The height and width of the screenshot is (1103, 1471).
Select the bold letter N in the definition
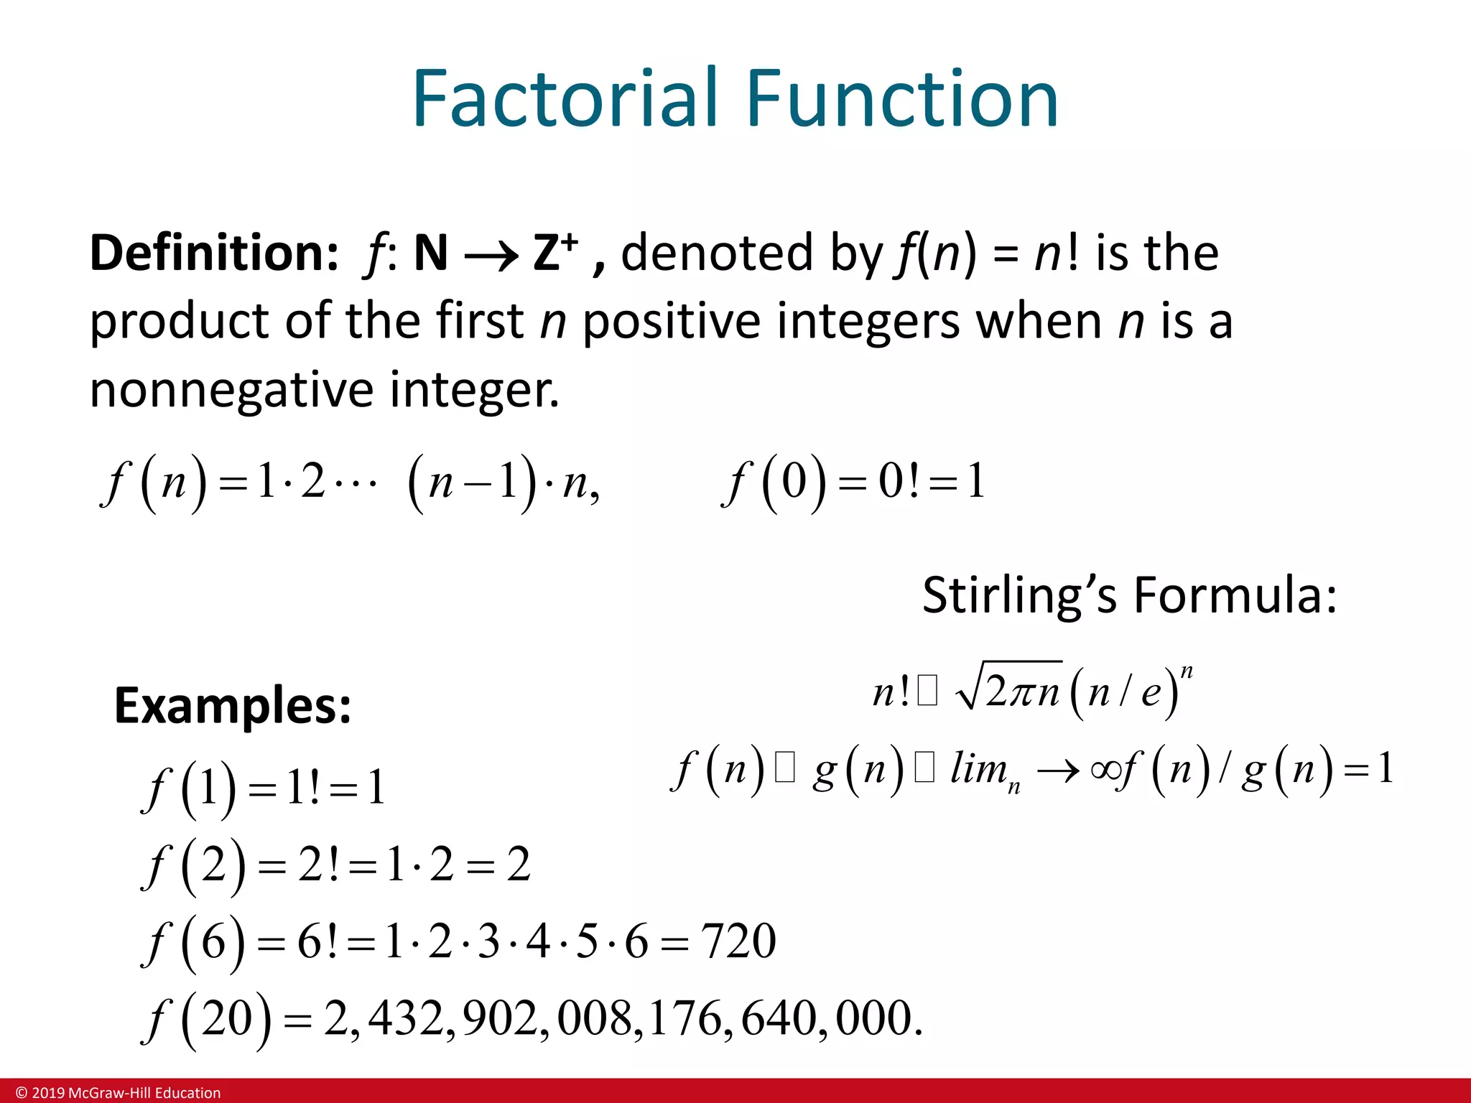coord(431,253)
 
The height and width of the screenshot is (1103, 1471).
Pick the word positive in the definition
coord(671,321)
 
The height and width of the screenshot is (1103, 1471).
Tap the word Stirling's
coord(1019,595)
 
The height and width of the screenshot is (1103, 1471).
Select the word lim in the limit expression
coord(979,768)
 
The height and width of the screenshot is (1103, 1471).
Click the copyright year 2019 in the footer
coord(48,1093)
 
